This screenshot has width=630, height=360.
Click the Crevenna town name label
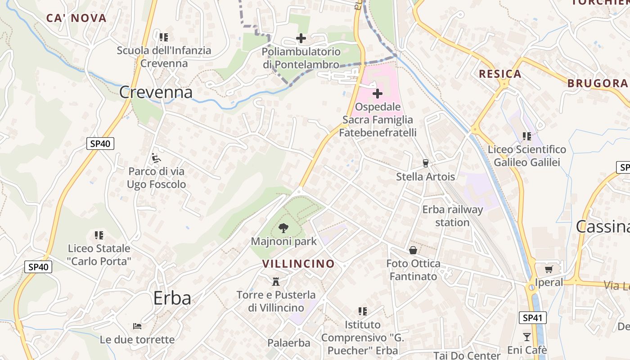[156, 92]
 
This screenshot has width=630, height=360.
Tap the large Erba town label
[172, 298]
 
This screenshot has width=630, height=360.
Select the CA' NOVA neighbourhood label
[76, 18]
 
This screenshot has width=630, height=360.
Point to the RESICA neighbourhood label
[500, 74]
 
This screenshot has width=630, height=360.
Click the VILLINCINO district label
[298, 264]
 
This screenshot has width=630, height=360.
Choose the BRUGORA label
[597, 83]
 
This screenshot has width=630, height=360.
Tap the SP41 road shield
[532, 318]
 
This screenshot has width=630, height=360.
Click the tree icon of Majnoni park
[283, 228]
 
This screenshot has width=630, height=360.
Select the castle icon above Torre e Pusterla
[276, 282]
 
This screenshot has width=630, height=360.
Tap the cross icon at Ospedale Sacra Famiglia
[378, 94]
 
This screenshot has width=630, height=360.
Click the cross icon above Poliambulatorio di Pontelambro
[301, 39]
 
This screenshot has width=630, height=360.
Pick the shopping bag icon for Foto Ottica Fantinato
[413, 250]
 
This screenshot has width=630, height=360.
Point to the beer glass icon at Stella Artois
[425, 163]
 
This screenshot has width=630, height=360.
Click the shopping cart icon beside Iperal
[549, 269]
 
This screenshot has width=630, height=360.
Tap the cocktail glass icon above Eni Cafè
[527, 337]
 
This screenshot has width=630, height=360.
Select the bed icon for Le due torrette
[137, 326]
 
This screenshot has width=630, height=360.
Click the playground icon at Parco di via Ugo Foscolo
[156, 157]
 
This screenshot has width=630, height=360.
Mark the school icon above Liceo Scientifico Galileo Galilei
[527, 136]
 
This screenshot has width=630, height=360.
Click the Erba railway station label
[452, 216]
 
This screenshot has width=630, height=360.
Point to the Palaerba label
[289, 343]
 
